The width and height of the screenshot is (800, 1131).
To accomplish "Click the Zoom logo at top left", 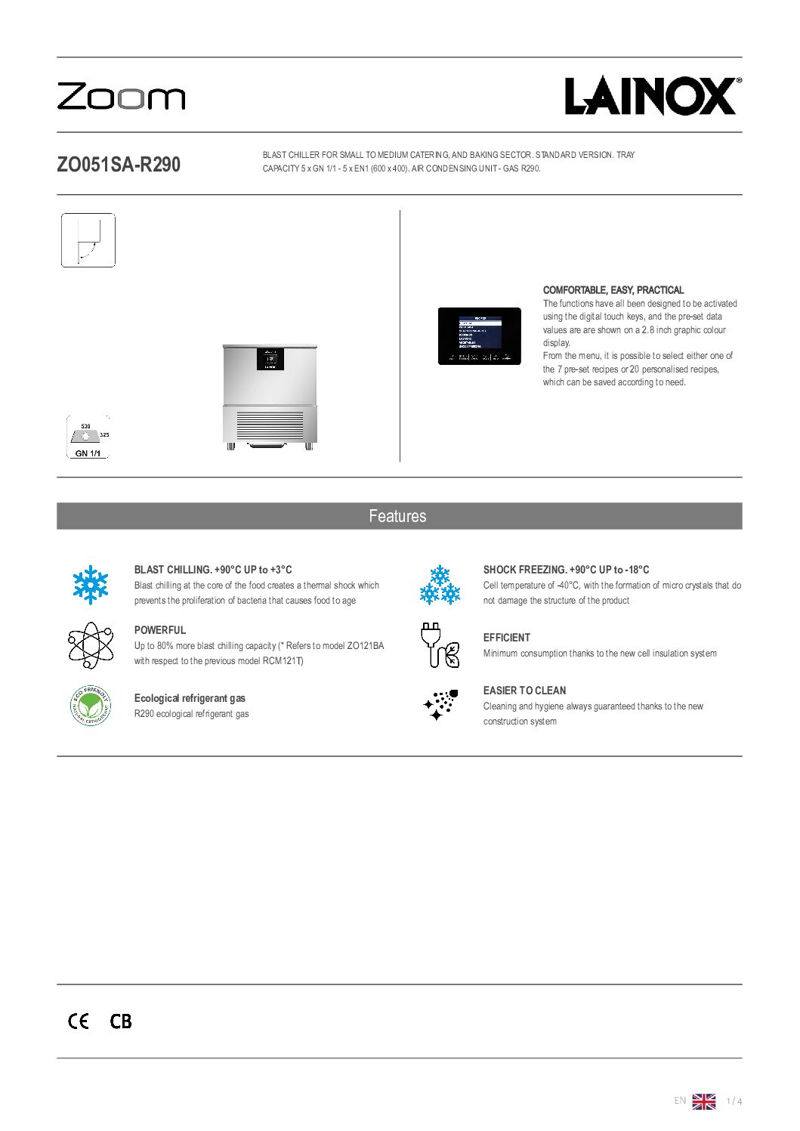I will (121, 97).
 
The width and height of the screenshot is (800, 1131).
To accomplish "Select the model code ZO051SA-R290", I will (119, 165).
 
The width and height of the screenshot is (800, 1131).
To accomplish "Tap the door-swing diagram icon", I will (88, 240).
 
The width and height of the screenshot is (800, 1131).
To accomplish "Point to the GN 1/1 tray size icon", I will (88, 437).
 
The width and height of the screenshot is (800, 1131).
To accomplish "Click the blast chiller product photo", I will (270, 397).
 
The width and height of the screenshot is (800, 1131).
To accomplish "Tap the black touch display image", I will (480, 336).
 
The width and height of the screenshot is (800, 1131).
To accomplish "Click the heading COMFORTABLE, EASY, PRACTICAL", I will (613, 290).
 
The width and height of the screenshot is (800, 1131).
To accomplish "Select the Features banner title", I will (398, 516).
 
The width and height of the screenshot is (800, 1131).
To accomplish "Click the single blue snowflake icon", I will (91, 585).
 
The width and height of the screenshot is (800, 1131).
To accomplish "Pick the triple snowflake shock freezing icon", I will (440, 585).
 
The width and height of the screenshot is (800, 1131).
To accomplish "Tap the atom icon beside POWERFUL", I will (91, 645).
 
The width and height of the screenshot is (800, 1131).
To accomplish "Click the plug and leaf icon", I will (440, 645).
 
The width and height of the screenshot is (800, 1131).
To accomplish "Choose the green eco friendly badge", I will (91, 706).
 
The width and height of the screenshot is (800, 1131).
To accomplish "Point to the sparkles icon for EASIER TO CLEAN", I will (440, 705).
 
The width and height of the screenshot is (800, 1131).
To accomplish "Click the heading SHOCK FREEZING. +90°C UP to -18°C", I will (566, 570).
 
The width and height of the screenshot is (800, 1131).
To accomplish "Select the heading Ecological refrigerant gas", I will (190, 698).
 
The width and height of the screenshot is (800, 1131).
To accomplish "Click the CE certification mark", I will (79, 1021).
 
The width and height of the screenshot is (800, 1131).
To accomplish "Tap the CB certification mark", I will (121, 1021).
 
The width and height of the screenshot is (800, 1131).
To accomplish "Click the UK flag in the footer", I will (703, 1102).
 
